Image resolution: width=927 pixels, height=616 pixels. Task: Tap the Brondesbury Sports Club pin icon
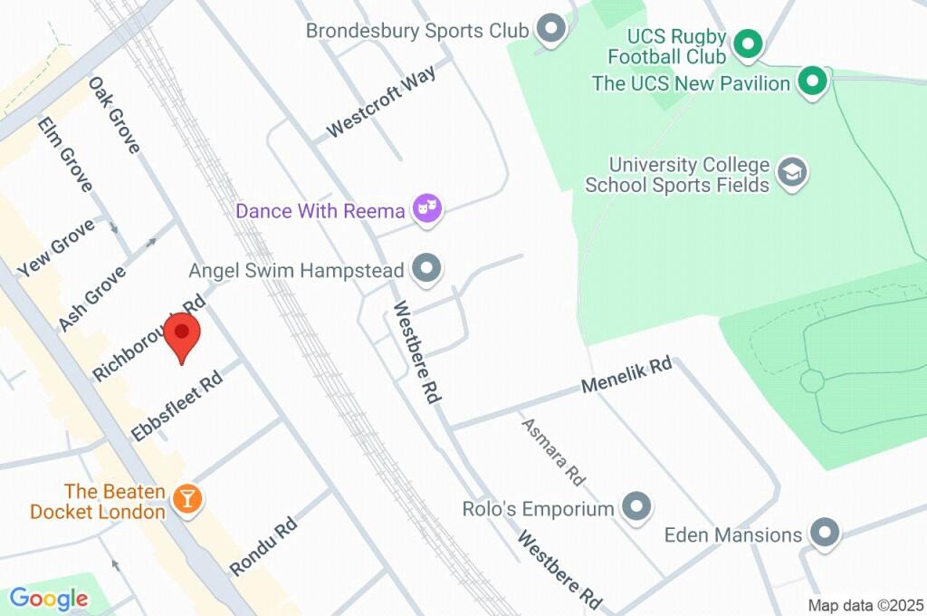[x=550, y=30]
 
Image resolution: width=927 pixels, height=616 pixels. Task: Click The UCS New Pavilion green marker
[x=813, y=82]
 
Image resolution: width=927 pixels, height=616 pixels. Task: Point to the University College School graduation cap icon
[x=793, y=173]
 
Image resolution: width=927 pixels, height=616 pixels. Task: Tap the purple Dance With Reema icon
[x=426, y=210]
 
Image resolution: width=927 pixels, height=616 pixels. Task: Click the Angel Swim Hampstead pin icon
[x=426, y=269]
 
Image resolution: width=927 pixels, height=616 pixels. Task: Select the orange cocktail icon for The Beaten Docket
[x=187, y=498]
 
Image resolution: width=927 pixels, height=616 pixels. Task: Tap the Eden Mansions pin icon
[x=824, y=534]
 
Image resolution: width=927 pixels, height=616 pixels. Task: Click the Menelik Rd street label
[x=626, y=376]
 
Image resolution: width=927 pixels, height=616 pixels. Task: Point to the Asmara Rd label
[x=553, y=450]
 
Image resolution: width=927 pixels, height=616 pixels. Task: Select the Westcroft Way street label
[x=381, y=101]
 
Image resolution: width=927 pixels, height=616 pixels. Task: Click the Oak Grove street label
[x=114, y=115]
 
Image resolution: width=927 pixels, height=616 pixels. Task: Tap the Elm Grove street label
[x=65, y=155]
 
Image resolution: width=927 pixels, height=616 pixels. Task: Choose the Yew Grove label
[x=55, y=248]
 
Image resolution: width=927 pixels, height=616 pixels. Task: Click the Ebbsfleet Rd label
[x=177, y=407]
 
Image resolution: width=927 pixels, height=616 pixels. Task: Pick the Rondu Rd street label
[x=263, y=546]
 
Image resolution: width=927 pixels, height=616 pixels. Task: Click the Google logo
[x=49, y=598]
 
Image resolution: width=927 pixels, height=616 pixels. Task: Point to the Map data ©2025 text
[x=865, y=605]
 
